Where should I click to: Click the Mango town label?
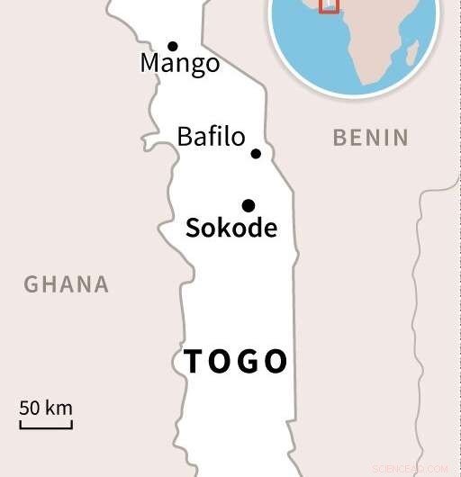point(180,65)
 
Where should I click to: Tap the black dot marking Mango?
point(172,46)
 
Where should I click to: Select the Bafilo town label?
point(211,137)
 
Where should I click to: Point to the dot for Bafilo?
point(256,154)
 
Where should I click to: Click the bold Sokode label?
point(230,228)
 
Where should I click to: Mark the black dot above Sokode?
point(249,205)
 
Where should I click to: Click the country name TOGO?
point(236,362)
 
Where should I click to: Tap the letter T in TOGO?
point(194,362)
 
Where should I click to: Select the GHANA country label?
point(66,284)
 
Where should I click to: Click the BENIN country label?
point(370,138)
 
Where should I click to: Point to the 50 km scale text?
point(46,407)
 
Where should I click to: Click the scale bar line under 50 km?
point(46,425)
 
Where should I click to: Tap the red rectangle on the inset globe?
point(330,7)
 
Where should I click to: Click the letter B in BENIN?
point(339,138)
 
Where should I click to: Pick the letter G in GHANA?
point(31,284)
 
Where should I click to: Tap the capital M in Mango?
point(150,64)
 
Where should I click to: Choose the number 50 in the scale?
point(30,407)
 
